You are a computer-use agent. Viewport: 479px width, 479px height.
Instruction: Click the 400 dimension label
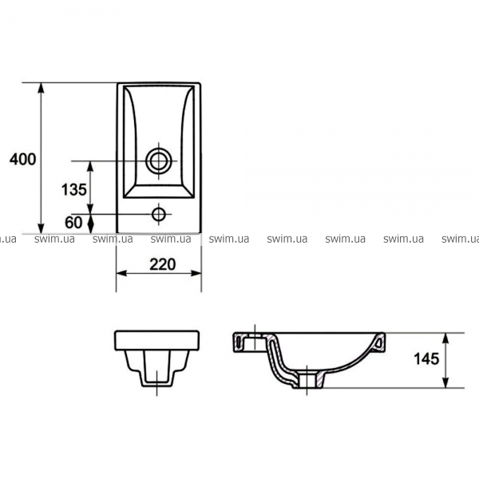[22, 159]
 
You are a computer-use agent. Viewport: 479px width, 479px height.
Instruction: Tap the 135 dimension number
[74, 190]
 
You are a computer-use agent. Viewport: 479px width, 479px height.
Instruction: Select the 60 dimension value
[73, 223]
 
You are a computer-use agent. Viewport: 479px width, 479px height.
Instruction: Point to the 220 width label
[163, 264]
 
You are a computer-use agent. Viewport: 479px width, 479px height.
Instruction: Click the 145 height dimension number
[426, 358]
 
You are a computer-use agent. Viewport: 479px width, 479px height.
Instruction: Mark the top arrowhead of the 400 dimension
[41, 89]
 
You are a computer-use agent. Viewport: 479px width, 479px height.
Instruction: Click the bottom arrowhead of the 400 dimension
[41, 228]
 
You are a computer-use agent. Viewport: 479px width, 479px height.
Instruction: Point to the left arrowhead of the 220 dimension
[121, 273]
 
